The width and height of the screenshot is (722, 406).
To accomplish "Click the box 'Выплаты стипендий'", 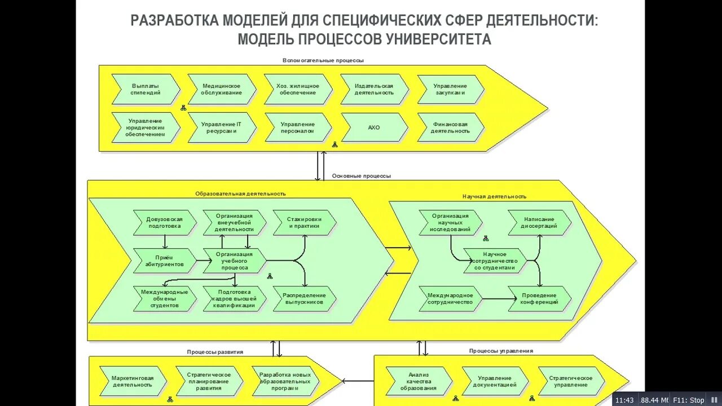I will [146, 89].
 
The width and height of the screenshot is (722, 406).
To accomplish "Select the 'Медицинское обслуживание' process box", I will [222, 89].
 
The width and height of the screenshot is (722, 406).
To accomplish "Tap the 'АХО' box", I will [374, 127].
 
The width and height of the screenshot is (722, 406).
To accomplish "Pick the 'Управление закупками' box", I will [451, 89].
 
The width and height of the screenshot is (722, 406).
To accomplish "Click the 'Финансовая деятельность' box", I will [451, 127].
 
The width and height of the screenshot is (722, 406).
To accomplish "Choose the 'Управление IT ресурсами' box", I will [222, 127].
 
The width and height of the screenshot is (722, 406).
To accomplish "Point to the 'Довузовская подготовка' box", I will [165, 223].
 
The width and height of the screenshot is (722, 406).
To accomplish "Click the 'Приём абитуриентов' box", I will [164, 261].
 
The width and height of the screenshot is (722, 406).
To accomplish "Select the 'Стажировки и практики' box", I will [305, 223].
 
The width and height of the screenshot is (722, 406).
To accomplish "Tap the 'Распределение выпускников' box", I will [305, 299].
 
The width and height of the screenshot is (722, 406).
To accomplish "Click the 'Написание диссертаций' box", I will [540, 223].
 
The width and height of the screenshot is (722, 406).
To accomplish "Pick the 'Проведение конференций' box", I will [540, 299].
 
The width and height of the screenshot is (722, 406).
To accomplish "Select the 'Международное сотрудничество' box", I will [451, 299].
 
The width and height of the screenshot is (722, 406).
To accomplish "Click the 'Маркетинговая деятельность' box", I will [133, 381].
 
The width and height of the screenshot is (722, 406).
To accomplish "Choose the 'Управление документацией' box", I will [495, 381].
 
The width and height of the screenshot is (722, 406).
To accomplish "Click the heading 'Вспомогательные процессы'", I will [323, 60].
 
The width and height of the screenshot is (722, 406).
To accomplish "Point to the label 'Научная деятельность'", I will [495, 196].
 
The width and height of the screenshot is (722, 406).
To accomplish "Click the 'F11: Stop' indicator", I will [688, 400].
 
